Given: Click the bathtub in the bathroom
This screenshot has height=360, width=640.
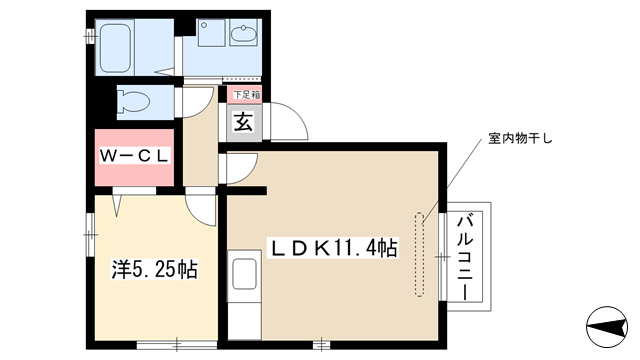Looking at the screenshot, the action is click(x=116, y=48).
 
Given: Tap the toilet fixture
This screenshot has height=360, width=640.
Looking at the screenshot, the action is click(x=133, y=102).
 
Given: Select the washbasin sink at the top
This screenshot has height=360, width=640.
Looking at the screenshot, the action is click(x=243, y=34).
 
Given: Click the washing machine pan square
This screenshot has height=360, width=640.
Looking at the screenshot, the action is click(x=212, y=33).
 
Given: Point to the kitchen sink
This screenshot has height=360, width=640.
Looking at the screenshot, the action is click(x=244, y=273).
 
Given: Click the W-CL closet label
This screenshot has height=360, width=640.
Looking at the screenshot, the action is click(x=134, y=156).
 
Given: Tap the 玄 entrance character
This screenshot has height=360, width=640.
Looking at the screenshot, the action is click(x=243, y=122).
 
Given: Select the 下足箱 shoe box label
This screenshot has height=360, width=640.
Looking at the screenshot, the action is click(x=247, y=95).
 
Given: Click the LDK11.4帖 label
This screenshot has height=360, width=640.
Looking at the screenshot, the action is click(x=333, y=247).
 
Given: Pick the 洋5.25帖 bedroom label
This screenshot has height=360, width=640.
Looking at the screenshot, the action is click(x=155, y=269).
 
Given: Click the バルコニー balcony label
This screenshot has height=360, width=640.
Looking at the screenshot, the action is click(x=465, y=257).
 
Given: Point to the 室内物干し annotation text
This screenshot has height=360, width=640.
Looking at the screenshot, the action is click(x=520, y=139).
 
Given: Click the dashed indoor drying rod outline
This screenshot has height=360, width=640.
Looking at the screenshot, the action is click(x=420, y=254).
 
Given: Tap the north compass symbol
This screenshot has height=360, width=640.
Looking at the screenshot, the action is click(x=607, y=327).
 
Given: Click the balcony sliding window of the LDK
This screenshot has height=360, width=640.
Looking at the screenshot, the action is click(x=443, y=257).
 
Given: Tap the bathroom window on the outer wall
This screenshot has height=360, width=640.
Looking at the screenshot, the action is click(x=90, y=37).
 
